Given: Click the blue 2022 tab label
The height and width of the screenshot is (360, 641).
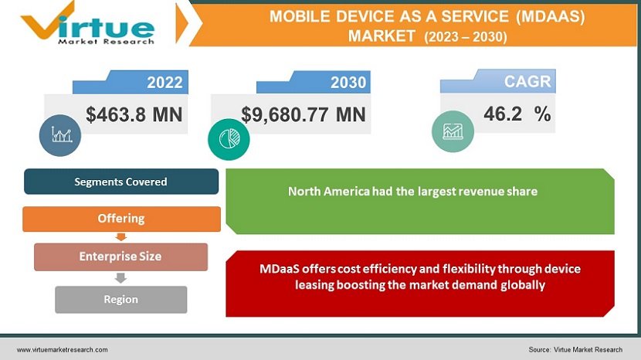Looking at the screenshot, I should click(x=164, y=82).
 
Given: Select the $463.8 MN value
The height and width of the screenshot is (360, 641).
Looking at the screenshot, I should click(x=134, y=115).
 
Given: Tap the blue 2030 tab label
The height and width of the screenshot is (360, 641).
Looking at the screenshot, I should click(x=348, y=82).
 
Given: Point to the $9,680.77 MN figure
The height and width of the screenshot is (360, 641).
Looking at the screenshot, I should click(x=304, y=115).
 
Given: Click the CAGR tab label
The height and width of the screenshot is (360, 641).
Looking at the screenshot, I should click(x=527, y=81).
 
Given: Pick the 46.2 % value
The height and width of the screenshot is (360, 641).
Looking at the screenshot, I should click(x=517, y=114).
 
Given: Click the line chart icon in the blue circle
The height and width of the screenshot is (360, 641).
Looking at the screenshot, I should click(x=60, y=134).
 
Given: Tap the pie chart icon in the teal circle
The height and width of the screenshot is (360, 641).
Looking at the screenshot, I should click(x=229, y=138).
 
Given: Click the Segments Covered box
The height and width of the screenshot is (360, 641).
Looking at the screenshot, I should click(x=121, y=182).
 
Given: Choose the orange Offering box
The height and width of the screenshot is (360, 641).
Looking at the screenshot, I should click(x=121, y=219).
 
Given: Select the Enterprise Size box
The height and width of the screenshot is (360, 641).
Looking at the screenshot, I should click(x=121, y=256).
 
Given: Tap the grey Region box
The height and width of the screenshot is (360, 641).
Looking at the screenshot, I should click(x=121, y=299).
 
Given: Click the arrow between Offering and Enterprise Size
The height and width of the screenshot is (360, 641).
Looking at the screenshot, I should click(x=120, y=237).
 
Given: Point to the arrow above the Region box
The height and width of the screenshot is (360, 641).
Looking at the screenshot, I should click(x=120, y=278).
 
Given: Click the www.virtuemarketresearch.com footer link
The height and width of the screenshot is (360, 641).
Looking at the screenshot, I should click(x=63, y=350).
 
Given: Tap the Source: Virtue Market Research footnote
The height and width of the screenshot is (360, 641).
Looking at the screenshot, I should click(x=575, y=350).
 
